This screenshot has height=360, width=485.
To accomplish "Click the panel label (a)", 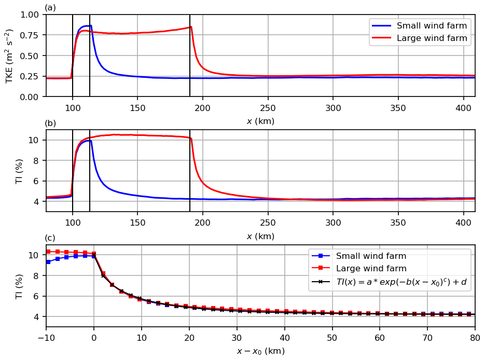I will point(50,8).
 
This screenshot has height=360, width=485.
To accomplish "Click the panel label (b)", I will point(50,123).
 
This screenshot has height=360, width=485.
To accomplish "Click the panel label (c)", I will point(50,239).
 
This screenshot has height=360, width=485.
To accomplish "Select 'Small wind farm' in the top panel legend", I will point(432,26).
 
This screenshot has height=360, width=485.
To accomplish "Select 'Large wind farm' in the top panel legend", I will point(432,38).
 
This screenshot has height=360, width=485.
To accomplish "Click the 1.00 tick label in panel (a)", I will point(30,15).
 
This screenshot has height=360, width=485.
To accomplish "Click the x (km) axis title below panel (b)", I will point(260,237).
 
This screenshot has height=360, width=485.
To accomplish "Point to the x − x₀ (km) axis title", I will point(260,351).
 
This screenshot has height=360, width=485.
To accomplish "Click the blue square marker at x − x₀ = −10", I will point(48,262).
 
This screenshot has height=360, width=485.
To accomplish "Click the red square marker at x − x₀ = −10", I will point(48,252).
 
